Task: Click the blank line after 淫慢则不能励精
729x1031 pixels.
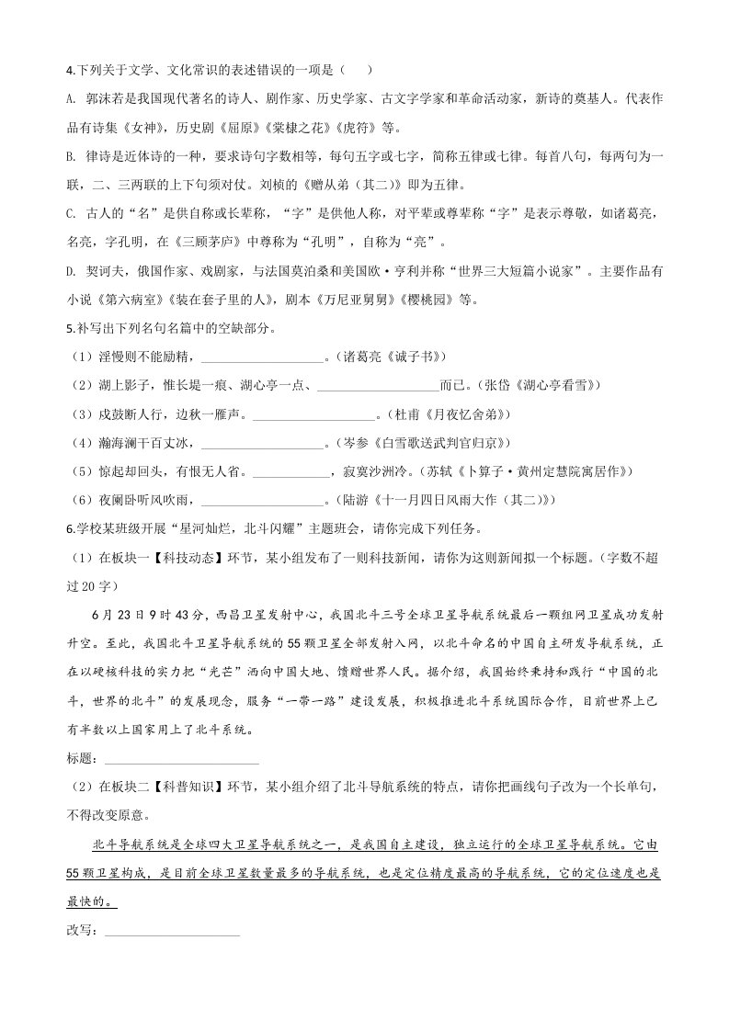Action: click(262, 358)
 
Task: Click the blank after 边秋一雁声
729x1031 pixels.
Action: click(313, 415)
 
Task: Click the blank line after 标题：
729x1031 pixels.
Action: click(182, 760)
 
